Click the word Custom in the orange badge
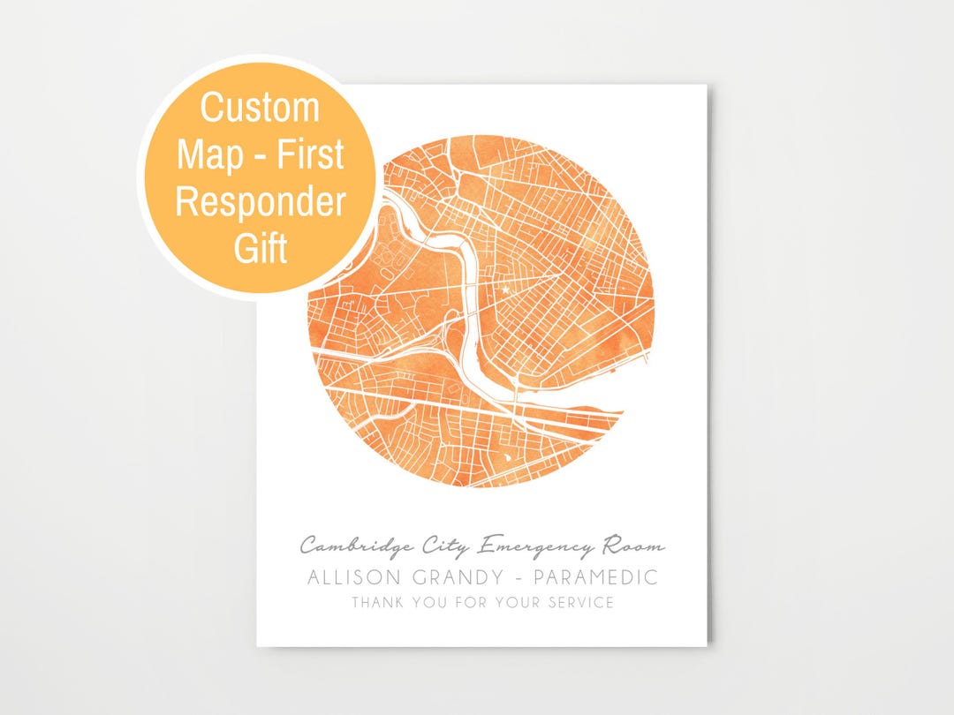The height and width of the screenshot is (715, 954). tap(260, 108)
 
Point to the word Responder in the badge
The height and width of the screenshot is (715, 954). tap(260, 202)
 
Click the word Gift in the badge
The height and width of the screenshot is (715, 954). tap(261, 250)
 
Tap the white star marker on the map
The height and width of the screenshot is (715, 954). tap(505, 290)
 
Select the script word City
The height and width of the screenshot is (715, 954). tap(444, 546)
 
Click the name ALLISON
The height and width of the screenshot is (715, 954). tap(356, 578)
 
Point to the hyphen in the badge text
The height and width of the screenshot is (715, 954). tap(254, 157)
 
